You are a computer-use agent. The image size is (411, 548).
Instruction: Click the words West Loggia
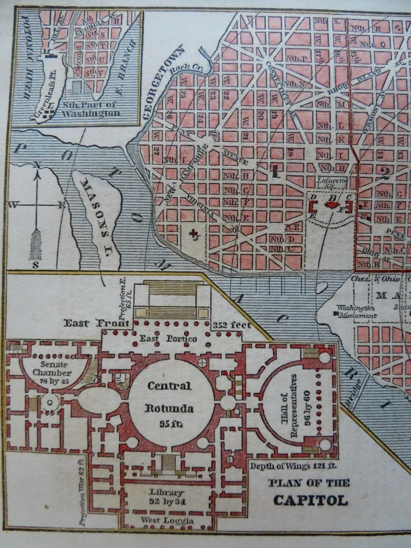point(167,521)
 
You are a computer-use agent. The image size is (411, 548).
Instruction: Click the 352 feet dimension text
point(232,325)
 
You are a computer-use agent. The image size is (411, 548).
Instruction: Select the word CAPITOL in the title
point(310,500)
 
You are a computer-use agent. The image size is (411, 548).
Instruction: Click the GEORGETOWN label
point(162,83)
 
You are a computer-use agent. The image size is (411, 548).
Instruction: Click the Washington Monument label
point(356,311)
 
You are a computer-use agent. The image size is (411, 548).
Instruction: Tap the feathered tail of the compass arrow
point(35,244)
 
